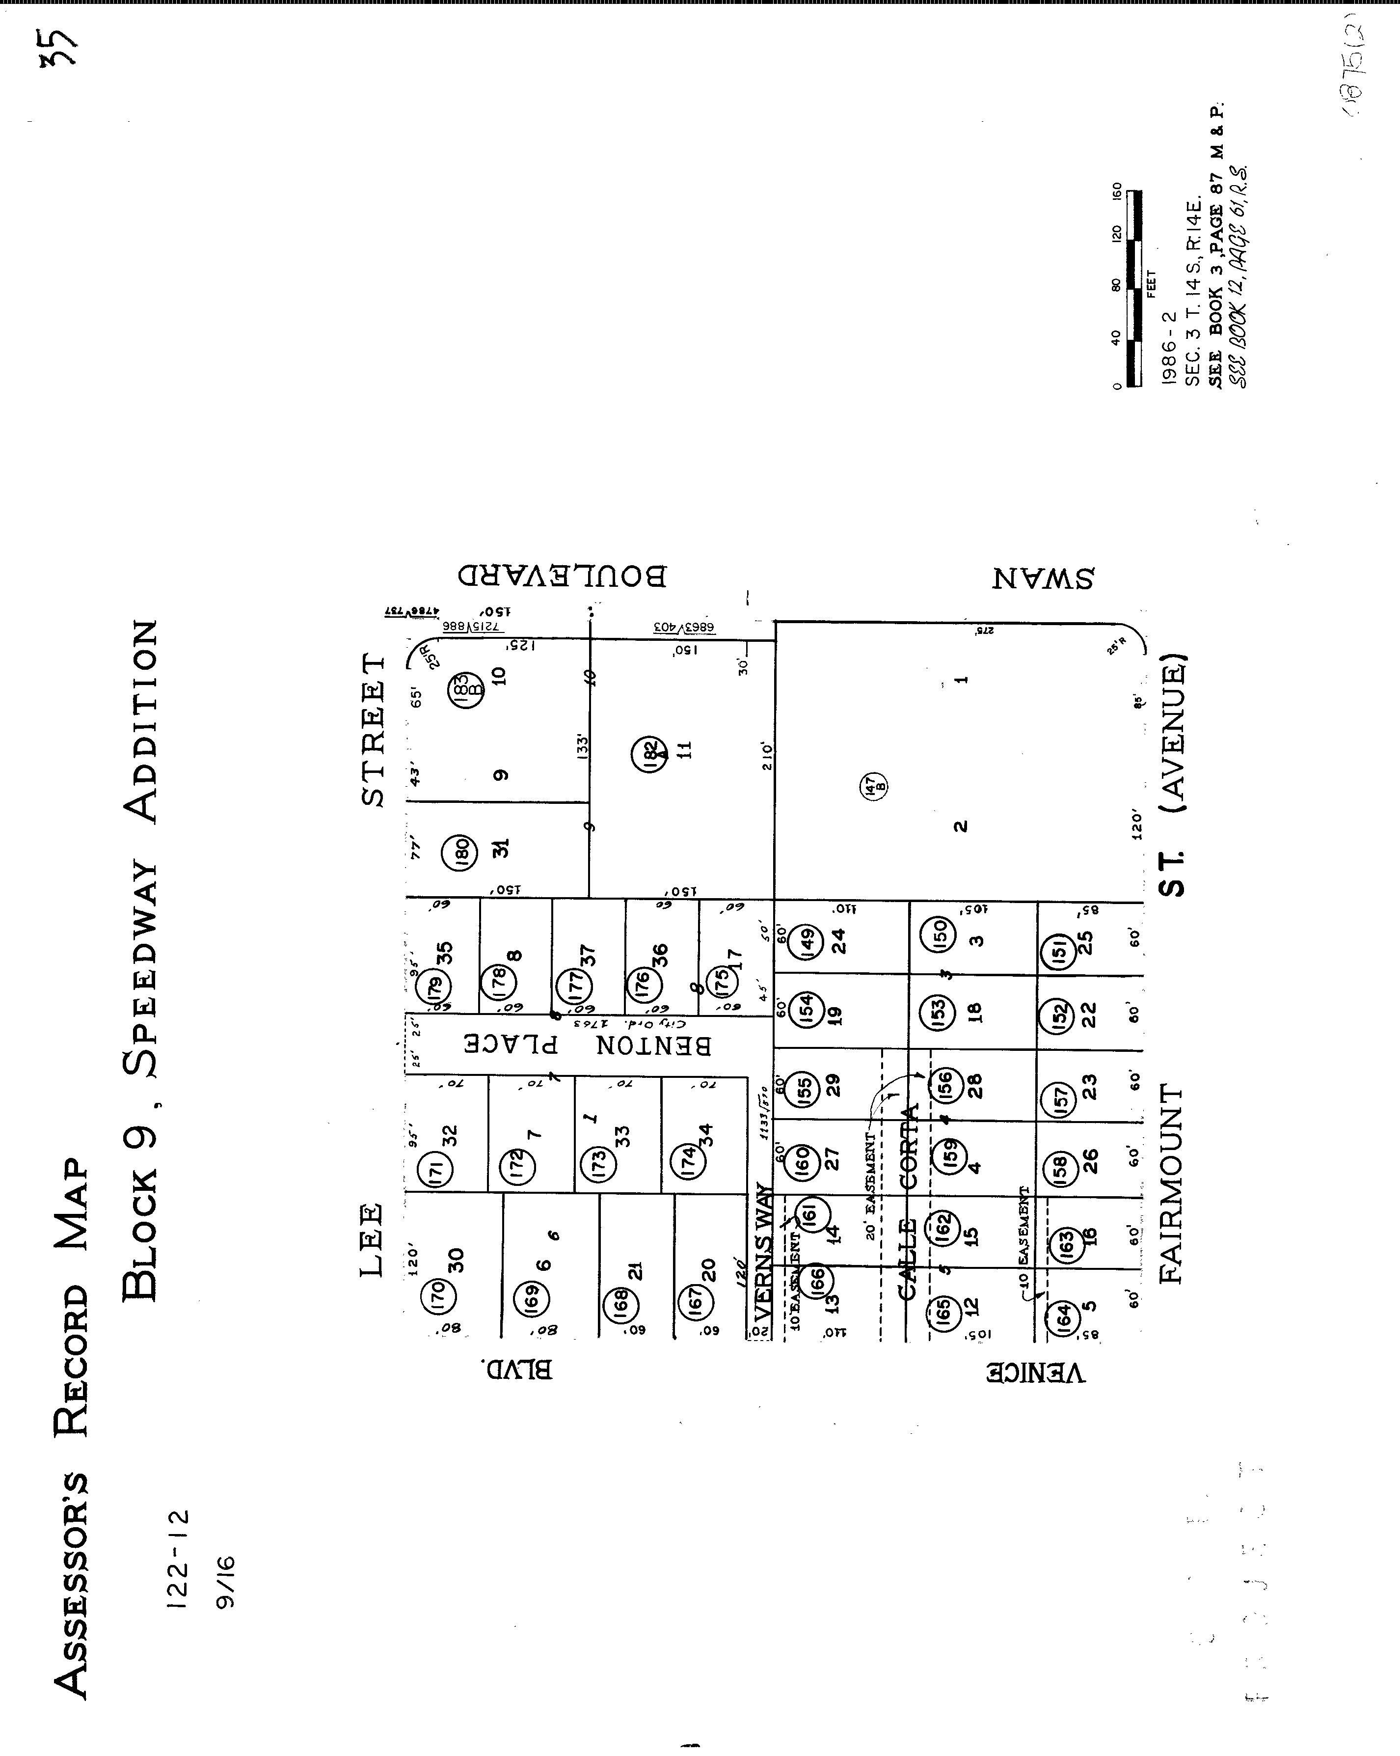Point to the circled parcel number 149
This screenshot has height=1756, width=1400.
point(807,943)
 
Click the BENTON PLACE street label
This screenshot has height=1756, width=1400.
point(587,1045)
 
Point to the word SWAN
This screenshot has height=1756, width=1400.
point(1043,579)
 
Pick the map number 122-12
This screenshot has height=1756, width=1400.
point(178,1560)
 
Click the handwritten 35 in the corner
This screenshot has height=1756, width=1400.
point(63,47)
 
